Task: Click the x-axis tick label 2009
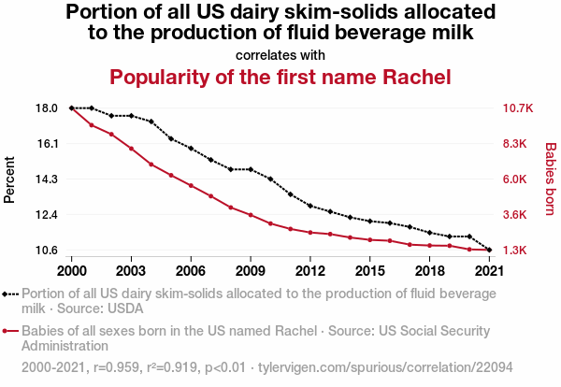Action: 251,270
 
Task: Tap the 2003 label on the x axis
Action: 131,270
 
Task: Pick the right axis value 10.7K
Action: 517,108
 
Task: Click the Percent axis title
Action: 10,179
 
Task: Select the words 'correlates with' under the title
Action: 280,54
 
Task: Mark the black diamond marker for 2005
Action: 171,138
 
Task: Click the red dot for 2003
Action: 131,149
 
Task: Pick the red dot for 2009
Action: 251,215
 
